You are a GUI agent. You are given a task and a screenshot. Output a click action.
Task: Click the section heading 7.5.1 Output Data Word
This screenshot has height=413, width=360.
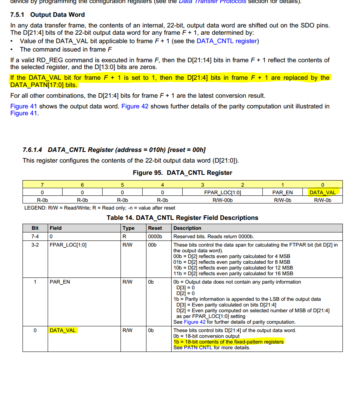(48, 15)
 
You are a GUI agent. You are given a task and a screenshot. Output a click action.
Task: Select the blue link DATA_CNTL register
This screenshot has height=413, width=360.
(227, 41)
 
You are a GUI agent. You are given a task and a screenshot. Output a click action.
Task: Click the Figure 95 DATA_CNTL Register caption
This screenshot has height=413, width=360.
(182, 173)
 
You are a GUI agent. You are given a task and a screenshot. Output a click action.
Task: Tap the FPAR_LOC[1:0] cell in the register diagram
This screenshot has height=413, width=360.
(222, 192)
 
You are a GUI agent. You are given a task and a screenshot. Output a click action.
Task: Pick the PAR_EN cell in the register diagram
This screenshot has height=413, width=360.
(283, 192)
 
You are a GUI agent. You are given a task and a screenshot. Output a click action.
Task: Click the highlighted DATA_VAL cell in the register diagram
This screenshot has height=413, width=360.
(323, 192)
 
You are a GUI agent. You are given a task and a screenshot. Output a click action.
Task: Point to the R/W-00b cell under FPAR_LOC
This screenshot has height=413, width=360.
(222, 200)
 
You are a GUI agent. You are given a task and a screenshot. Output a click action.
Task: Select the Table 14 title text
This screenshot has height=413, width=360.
(182, 218)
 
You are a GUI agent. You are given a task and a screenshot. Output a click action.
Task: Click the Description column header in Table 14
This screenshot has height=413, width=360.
(187, 228)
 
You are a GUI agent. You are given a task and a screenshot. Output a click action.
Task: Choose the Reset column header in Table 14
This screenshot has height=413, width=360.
(155, 228)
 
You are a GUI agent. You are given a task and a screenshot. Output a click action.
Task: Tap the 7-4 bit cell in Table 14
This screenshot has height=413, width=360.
(35, 237)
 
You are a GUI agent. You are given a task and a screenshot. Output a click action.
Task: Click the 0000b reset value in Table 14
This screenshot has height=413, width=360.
(155, 237)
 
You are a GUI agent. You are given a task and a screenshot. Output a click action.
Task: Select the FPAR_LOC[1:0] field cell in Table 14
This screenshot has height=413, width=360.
(68, 245)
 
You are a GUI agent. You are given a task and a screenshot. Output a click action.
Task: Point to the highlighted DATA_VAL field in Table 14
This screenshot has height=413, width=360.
(63, 331)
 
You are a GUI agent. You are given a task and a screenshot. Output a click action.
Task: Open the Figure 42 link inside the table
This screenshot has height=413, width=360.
(194, 322)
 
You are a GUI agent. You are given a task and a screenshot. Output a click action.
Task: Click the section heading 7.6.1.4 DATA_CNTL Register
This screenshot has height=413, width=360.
(114, 150)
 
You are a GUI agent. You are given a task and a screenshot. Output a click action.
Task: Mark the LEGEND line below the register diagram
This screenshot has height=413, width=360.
(100, 208)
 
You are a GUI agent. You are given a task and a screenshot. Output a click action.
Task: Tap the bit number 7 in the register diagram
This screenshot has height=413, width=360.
(42, 185)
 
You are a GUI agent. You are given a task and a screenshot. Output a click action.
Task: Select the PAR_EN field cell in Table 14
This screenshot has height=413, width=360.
(60, 282)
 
